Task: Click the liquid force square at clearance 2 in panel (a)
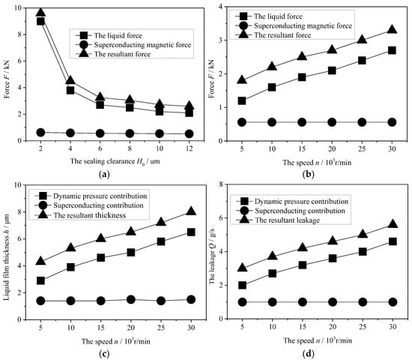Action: [x=40, y=21]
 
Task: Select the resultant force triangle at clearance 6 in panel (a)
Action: [x=100, y=97]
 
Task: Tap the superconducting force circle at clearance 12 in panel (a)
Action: [x=190, y=134]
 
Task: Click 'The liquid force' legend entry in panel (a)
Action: [x=118, y=35]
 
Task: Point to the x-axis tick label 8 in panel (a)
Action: [x=130, y=148]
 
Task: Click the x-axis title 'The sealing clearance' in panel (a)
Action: [x=102, y=161]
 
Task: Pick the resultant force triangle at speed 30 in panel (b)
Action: [x=392, y=29]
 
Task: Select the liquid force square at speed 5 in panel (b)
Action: [x=242, y=100]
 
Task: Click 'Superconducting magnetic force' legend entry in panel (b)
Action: [x=303, y=25]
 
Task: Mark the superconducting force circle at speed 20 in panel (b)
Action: [x=332, y=122]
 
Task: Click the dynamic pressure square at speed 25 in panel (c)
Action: [x=161, y=241]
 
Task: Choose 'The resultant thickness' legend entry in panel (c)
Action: [x=90, y=215]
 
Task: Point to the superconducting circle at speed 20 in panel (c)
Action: [x=131, y=299]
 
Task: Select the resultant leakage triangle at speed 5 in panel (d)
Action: [x=242, y=268]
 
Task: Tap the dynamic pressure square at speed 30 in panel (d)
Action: [x=393, y=241]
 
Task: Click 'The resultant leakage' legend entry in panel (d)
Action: [x=287, y=220]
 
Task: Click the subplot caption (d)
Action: [x=308, y=353]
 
